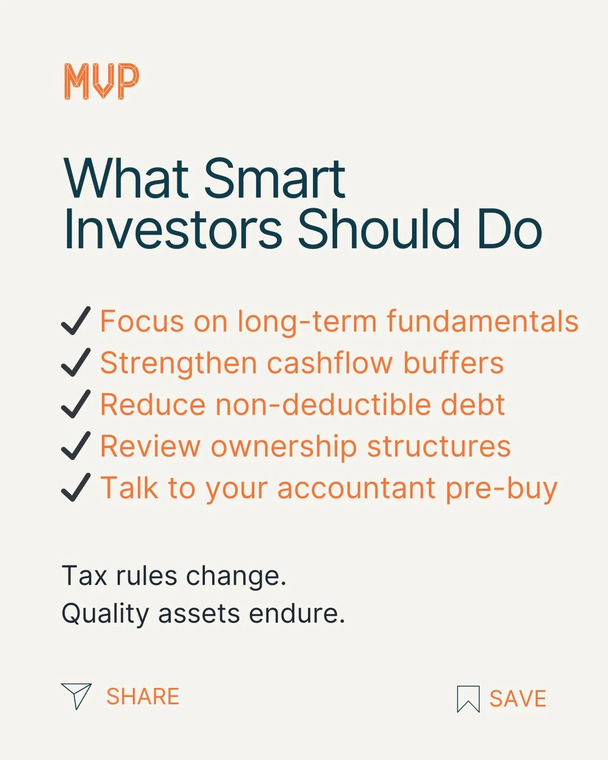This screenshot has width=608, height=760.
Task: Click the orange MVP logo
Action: (101, 81)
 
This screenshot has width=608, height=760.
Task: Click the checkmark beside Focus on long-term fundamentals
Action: (76, 321)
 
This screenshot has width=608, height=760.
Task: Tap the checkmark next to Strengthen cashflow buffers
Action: (76, 362)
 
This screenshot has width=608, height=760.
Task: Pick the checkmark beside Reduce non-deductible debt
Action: (76, 404)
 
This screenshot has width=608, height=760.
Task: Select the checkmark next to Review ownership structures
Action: (76, 446)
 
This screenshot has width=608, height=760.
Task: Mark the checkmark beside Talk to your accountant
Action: (76, 488)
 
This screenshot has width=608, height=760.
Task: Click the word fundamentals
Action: (482, 321)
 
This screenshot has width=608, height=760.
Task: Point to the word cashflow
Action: (330, 363)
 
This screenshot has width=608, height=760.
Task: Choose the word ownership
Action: (284, 447)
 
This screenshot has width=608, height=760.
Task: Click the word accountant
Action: (356, 488)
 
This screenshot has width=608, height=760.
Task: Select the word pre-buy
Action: (501, 489)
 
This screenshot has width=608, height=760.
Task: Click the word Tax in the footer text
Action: (84, 576)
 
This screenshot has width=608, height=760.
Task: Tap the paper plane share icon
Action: (76, 696)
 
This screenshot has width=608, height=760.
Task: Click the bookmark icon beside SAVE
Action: (468, 699)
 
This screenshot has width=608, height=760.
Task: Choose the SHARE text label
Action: (143, 697)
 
